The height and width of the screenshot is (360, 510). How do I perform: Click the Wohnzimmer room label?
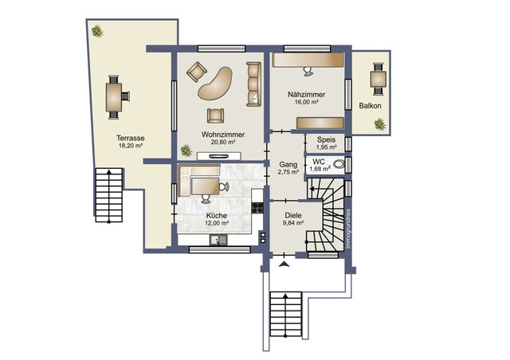pyautogui.click(x=223, y=135)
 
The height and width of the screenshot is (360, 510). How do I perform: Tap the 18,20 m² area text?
pyautogui.click(x=131, y=146)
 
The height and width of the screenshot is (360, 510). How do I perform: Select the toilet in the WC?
pyautogui.click(x=339, y=164)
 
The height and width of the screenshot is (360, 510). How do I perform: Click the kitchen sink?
pyautogui.click(x=218, y=240)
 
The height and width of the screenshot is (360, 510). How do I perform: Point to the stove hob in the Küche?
pyautogui.click(x=257, y=208)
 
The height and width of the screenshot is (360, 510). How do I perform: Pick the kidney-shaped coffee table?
pyautogui.click(x=215, y=84)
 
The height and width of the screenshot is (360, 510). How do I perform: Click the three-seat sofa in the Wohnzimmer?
pyautogui.click(x=253, y=84)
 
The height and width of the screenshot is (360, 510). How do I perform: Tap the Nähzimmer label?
pyautogui.click(x=306, y=95)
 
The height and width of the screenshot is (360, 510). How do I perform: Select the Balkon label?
pyautogui.click(x=370, y=106)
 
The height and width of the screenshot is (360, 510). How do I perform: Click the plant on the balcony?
pyautogui.click(x=379, y=124)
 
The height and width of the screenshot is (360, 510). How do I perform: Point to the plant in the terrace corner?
pyautogui.click(x=97, y=31)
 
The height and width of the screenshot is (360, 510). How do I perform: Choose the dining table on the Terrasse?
pyautogui.click(x=114, y=97)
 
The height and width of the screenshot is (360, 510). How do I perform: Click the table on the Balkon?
pyautogui.click(x=379, y=79)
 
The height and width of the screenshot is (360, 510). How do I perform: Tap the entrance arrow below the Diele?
pyautogui.click(x=284, y=264)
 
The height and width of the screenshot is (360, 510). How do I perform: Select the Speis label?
pyautogui.click(x=326, y=140)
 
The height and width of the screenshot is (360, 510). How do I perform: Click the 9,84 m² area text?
pyautogui.click(x=293, y=223)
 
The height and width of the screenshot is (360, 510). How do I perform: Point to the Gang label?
pyautogui.click(x=288, y=165)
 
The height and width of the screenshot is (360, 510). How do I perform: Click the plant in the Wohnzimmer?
pyautogui.click(x=186, y=151)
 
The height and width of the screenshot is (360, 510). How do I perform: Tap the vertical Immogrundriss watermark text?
pyautogui.click(x=348, y=229)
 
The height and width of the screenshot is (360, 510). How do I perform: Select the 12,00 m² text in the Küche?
pyautogui.click(x=217, y=223)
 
